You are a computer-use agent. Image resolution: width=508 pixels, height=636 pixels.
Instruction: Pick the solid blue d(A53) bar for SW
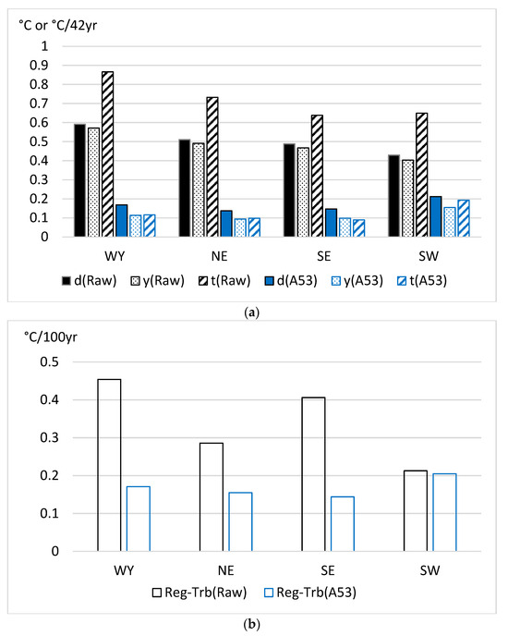tap(435, 216)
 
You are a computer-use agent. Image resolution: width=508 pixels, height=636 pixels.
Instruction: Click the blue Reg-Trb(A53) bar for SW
tap(444, 512)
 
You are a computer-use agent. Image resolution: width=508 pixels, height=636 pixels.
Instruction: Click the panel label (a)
tap(253, 313)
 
